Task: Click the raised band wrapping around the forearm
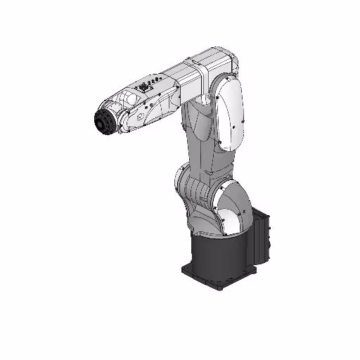pyautogui.click(x=200, y=73)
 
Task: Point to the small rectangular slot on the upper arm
pyautogui.click(x=208, y=172)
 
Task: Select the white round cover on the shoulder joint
pyautogui.click(x=231, y=207)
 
